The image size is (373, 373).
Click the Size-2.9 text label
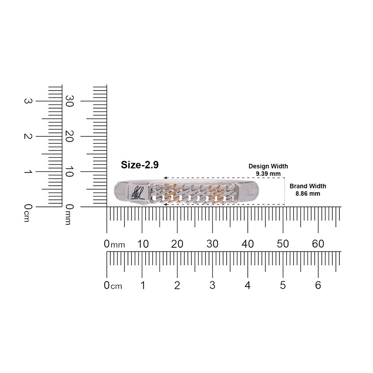click(139, 165)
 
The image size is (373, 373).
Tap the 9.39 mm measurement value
click(268, 174)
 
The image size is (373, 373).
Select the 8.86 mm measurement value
click(308, 194)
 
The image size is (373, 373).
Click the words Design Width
click(268, 166)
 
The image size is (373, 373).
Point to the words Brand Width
click(308, 186)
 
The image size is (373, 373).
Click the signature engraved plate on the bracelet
click(138, 192)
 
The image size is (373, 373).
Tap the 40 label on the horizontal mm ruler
click(248, 244)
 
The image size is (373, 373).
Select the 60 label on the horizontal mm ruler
click(318, 244)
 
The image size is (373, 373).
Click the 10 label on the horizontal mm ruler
click(143, 244)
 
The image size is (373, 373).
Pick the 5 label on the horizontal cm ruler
click(283, 285)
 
